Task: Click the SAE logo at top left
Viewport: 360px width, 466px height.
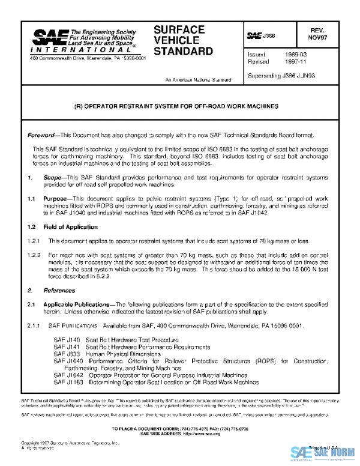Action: pos(46,40)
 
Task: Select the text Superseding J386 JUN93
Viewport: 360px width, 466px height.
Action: pos(281,76)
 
